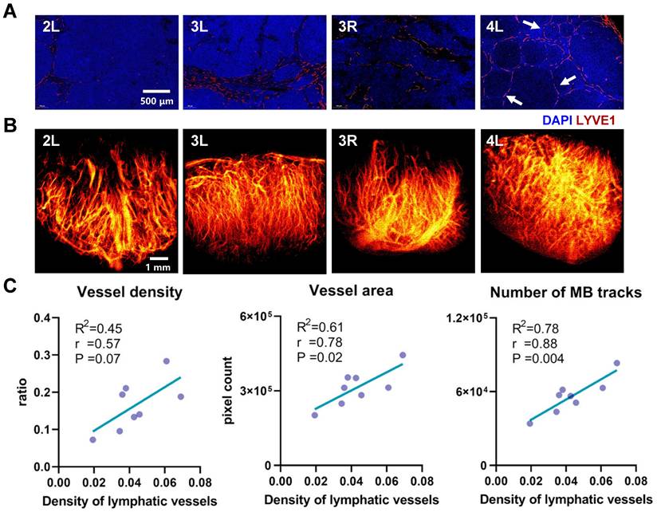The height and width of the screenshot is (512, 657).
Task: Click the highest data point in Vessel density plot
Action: [x=166, y=361]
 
